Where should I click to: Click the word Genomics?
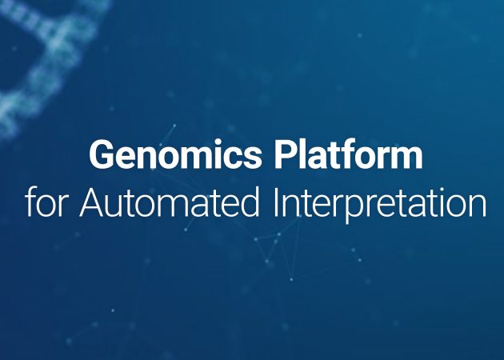176,154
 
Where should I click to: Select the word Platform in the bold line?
349,154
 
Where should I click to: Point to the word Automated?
170,202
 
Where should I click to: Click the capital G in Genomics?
102,154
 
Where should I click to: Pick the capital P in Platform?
286,154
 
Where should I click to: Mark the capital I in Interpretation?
275,202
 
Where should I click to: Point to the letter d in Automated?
250,202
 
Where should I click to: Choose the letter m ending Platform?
404,158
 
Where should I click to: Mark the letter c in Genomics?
229,158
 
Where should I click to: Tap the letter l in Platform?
304,154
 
